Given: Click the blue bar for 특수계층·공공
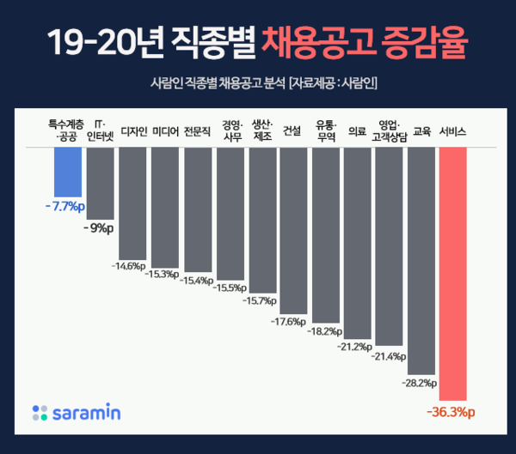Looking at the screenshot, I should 67,171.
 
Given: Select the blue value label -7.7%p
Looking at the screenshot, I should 65,207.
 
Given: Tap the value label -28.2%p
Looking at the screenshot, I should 420,383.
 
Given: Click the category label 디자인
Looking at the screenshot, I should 133,132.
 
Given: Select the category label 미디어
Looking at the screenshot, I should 165,132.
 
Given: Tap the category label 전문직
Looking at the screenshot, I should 198,132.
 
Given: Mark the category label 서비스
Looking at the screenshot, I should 452,132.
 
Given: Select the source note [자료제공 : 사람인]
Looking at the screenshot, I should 335,83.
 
